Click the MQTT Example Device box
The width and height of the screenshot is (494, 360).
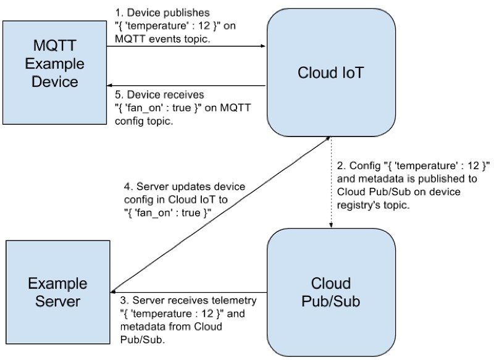click(x=54, y=72)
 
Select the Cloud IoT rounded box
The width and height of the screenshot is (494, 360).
click(x=331, y=72)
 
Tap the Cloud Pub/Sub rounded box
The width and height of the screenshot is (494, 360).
click(x=331, y=293)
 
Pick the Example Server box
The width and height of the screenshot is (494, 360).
click(x=58, y=292)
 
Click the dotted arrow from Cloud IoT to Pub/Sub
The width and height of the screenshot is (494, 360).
click(x=331, y=182)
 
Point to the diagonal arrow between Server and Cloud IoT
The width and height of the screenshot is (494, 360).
click(x=220, y=214)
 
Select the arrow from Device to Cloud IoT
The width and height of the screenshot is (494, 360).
click(x=186, y=46)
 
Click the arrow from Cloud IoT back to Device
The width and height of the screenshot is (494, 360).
click(x=186, y=85)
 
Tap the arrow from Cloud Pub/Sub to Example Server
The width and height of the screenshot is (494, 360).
click(x=189, y=292)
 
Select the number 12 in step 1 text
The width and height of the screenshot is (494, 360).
click(x=204, y=25)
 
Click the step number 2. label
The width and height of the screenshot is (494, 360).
click(x=341, y=165)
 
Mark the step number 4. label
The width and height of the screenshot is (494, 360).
click(x=128, y=186)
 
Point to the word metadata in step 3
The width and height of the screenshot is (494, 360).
click(x=143, y=327)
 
